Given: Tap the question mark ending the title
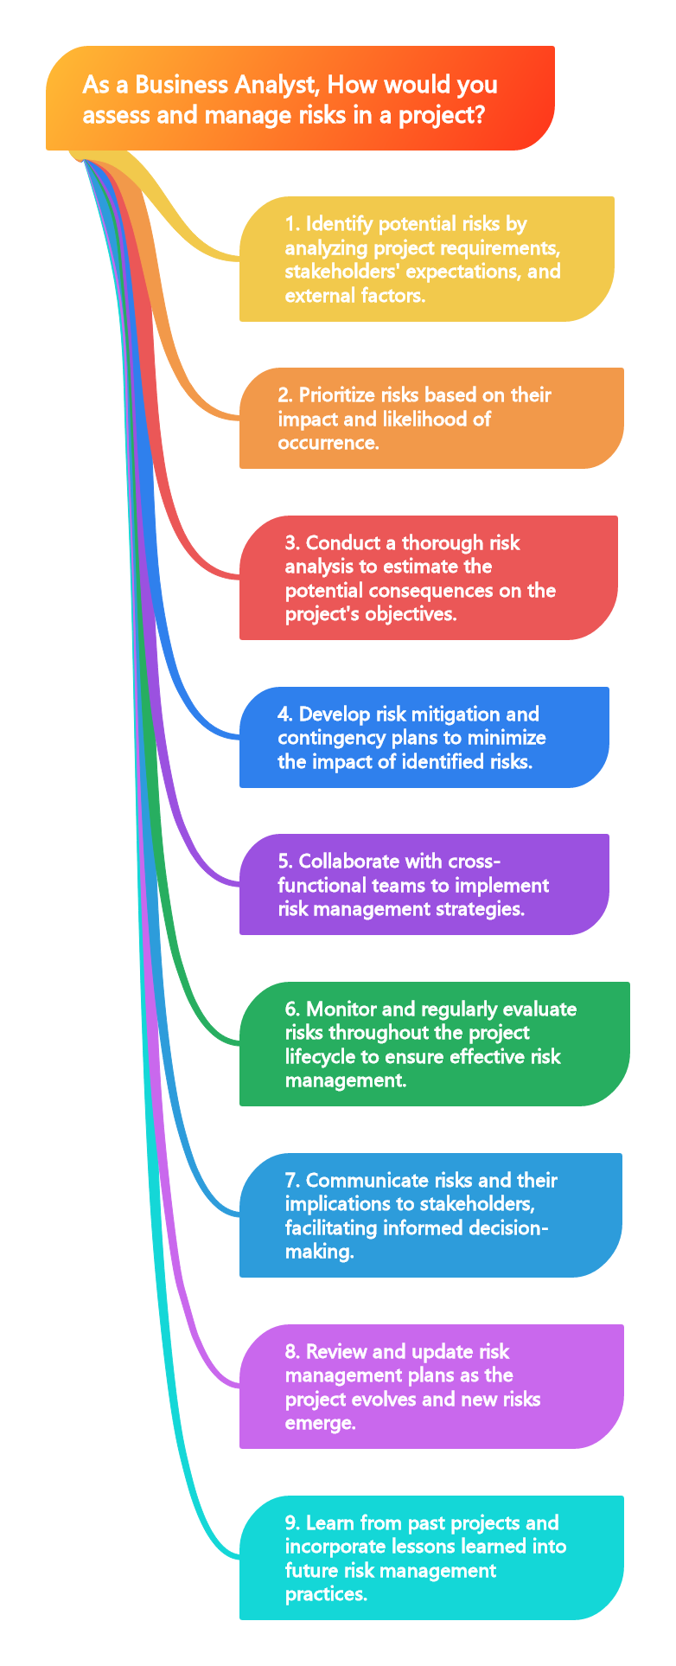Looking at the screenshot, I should pos(479,114).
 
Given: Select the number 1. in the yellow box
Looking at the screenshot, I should pos(292,224).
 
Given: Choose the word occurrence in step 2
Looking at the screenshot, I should pos(315,443).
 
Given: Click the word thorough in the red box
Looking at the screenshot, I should pos(443,543).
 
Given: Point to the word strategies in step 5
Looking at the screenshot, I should pos(481,909).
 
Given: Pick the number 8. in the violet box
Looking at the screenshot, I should pos(292,1352).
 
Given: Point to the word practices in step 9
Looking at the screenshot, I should pos(326,1594).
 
